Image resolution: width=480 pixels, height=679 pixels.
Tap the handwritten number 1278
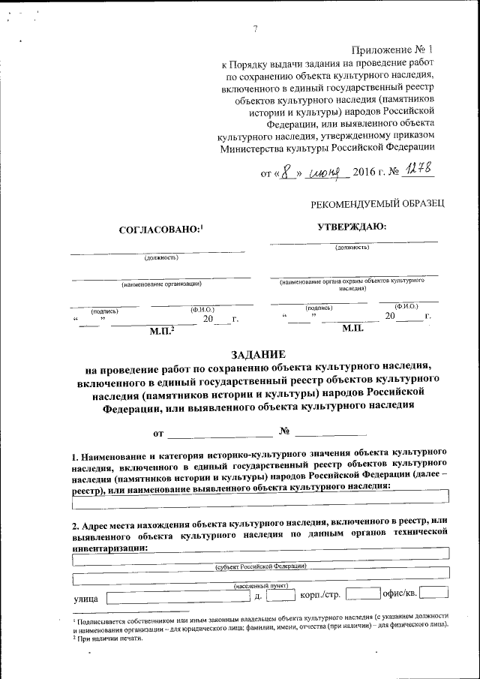[418, 172]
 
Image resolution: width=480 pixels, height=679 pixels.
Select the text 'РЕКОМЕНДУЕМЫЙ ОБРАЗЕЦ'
[378, 204]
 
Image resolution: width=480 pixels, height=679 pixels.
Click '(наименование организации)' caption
[161, 284]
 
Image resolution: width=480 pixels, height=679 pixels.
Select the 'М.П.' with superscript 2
[162, 329]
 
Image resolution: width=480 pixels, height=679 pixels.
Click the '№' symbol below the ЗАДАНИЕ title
[283, 432]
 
